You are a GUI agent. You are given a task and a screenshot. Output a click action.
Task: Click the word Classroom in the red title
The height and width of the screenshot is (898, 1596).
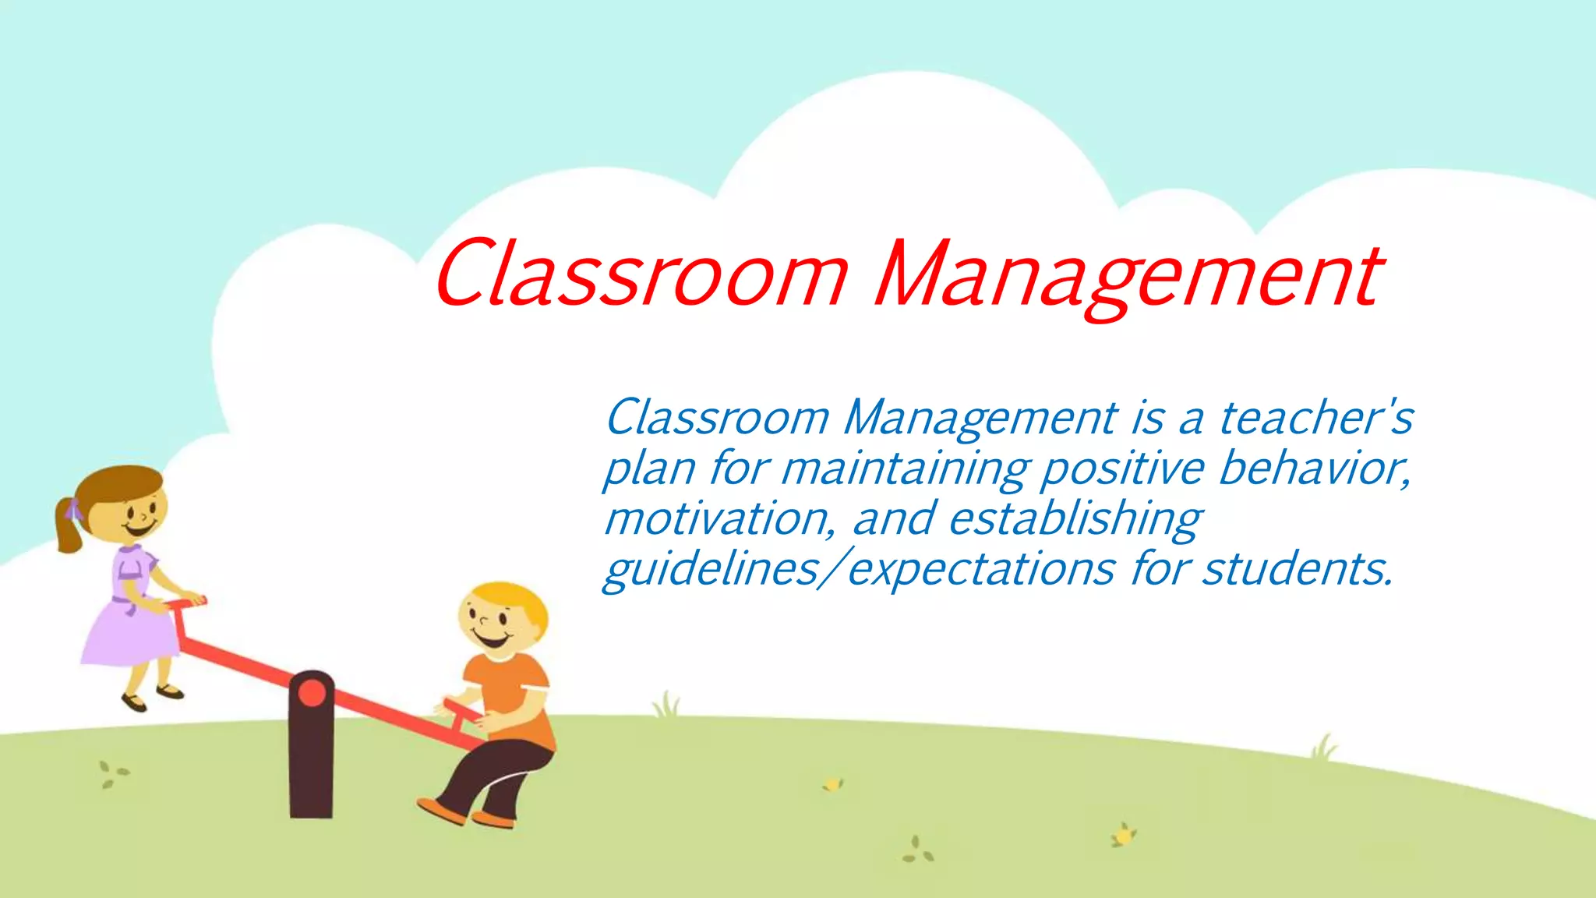tap(641, 274)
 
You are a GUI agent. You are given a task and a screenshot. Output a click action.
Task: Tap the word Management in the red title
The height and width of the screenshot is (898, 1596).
tap(1128, 277)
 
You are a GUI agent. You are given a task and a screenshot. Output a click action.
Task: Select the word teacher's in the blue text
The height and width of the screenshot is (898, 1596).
tap(1315, 418)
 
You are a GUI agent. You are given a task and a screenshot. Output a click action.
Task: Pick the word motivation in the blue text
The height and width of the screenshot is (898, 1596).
tap(719, 518)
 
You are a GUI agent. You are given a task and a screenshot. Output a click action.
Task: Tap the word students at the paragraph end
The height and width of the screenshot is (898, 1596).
tap(1297, 569)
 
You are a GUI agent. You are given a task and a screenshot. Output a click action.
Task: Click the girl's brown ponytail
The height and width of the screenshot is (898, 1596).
tap(69, 526)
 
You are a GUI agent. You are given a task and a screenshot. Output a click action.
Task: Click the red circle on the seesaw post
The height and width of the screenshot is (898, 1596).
tap(312, 692)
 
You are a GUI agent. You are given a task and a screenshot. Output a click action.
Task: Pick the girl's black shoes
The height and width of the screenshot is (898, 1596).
tap(152, 697)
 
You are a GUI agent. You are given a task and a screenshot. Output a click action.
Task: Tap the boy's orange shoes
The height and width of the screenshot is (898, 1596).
tap(468, 814)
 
